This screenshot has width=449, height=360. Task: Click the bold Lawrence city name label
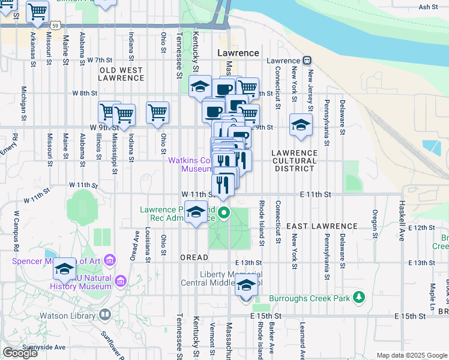pyautogui.click(x=238, y=53)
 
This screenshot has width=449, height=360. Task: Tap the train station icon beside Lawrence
pyautogui.click(x=307, y=61)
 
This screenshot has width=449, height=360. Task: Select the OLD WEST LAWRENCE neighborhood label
pyautogui.click(x=121, y=74)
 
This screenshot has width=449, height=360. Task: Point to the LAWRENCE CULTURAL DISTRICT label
pyautogui.click(x=294, y=161)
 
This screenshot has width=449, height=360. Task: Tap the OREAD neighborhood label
pyautogui.click(x=194, y=257)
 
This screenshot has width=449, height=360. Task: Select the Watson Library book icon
pyautogui.click(x=105, y=314)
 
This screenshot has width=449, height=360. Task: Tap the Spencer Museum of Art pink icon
pyautogui.click(x=109, y=260)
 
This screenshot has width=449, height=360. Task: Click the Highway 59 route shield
pyautogui.click(x=55, y=26)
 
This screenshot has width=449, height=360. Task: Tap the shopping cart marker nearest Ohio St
pyautogui.click(x=157, y=112)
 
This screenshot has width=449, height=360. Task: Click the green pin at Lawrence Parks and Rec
pyautogui.click(x=224, y=212)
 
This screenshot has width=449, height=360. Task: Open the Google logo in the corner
pyautogui.click(x=20, y=353)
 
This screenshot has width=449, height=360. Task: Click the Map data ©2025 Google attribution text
pyautogui.click(x=411, y=355)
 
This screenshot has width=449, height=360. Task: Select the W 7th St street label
pyautogui.click(x=100, y=60)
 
